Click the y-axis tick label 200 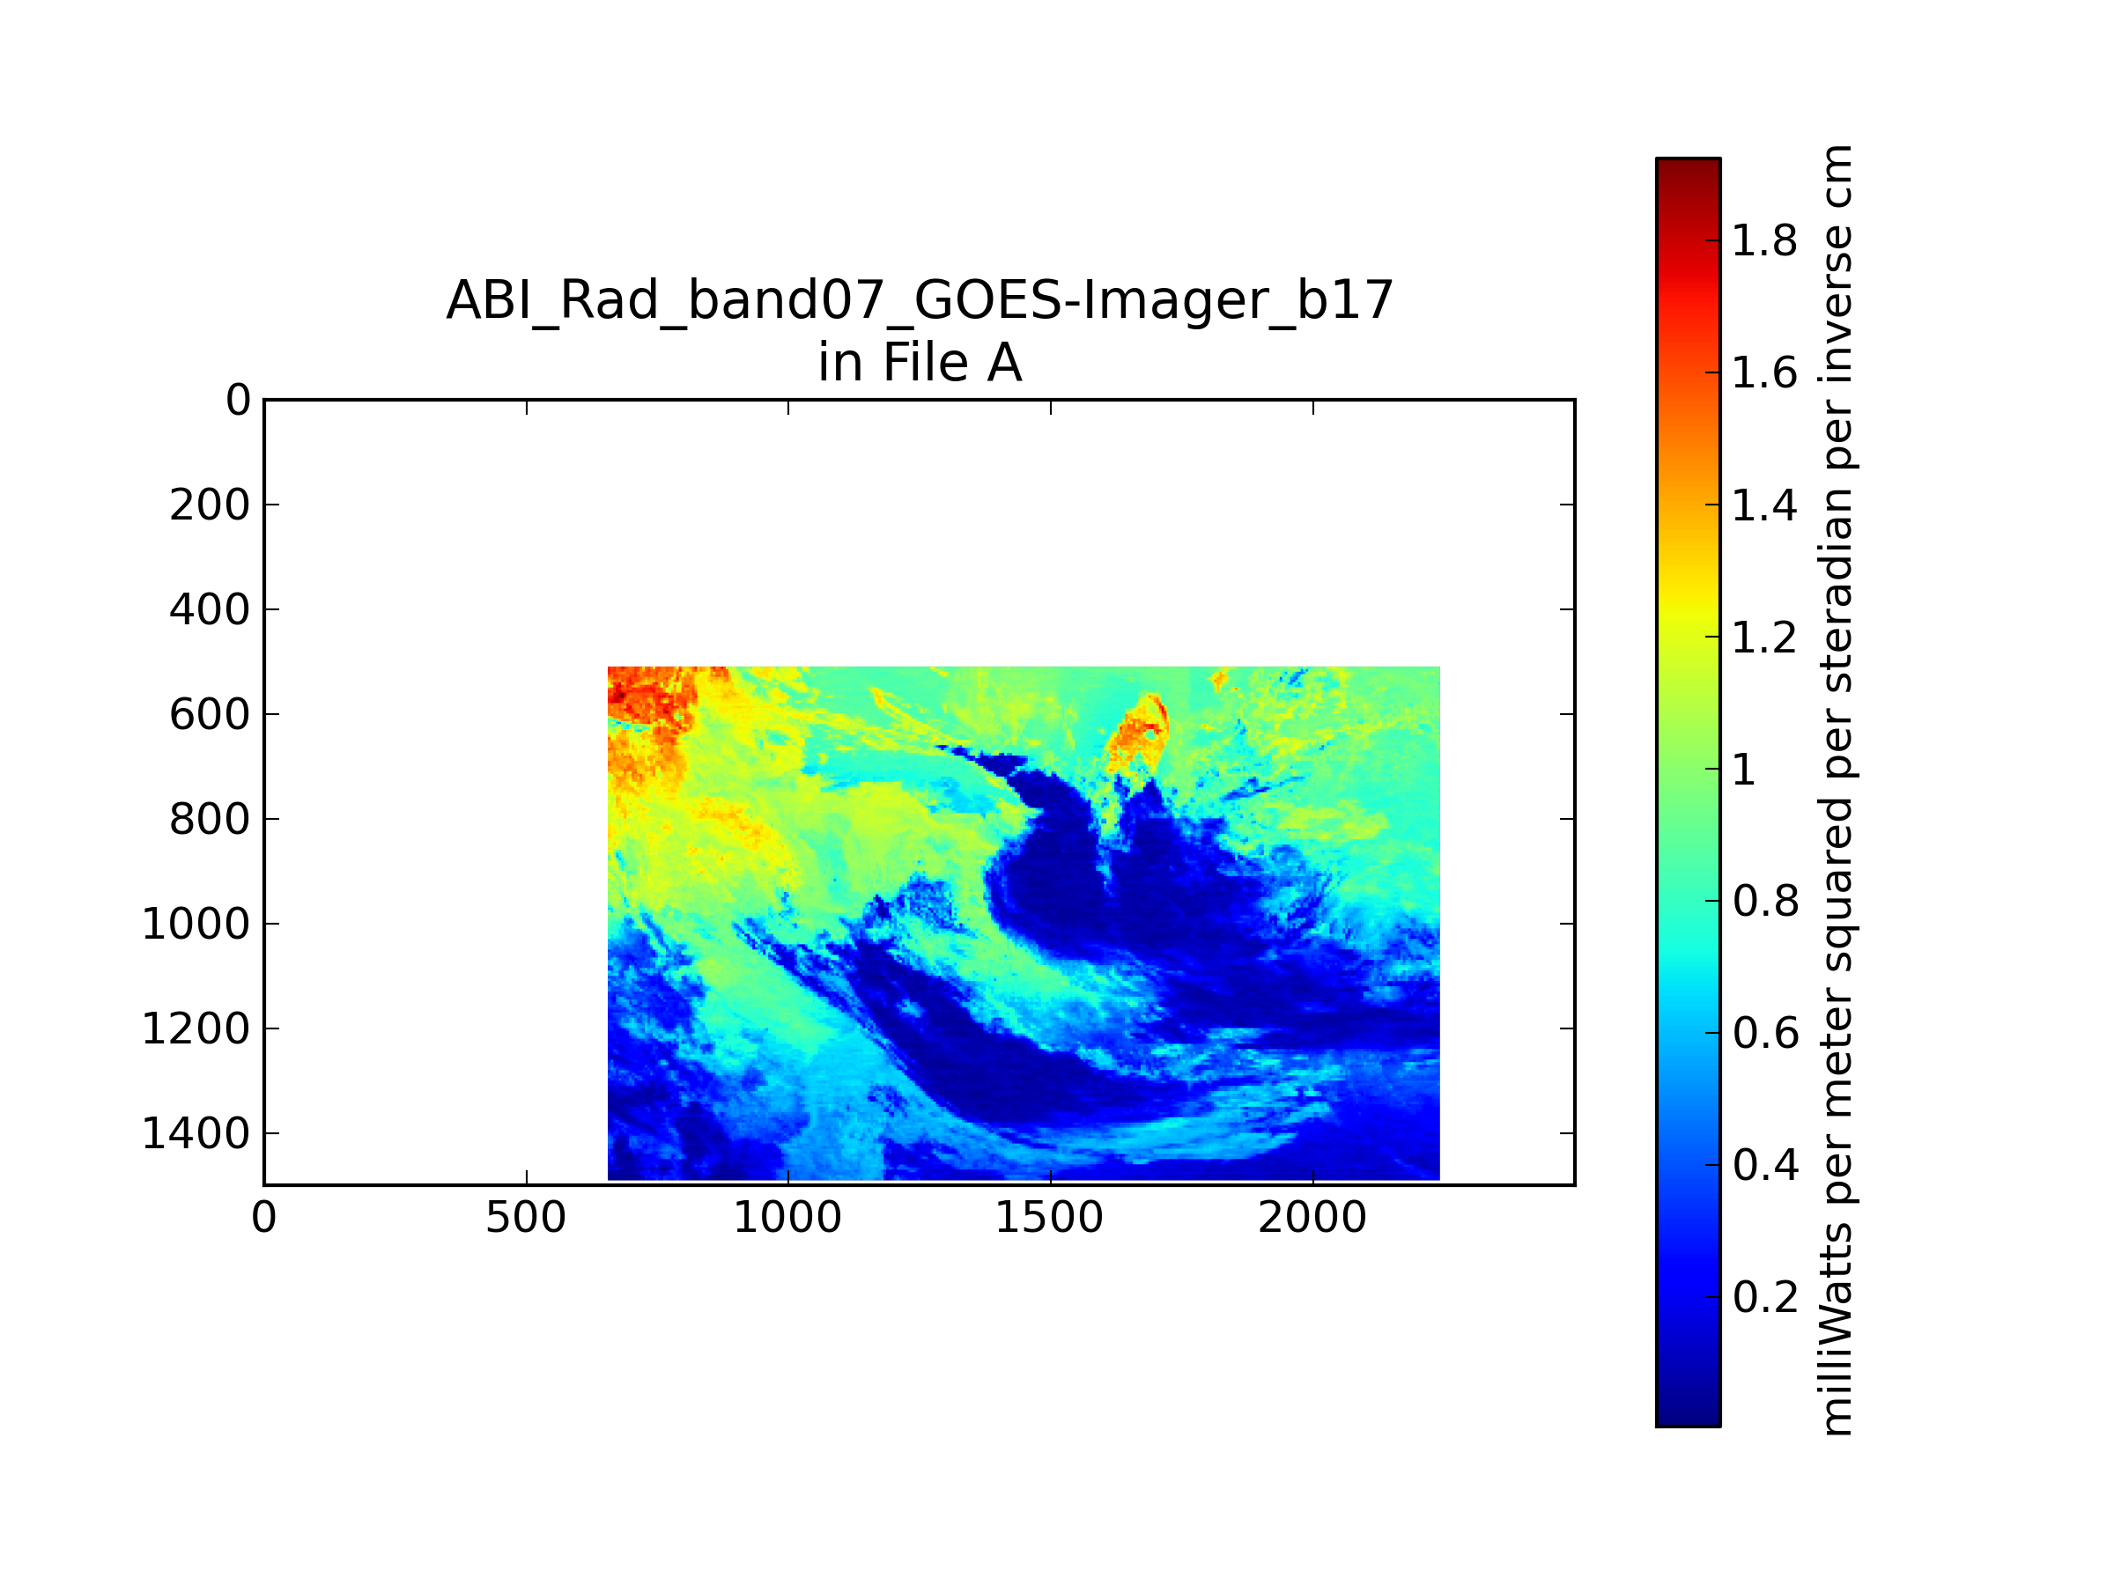[210, 505]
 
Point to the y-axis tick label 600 [210, 713]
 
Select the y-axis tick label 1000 [196, 924]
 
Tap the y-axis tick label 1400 [196, 1133]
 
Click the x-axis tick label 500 [526, 1218]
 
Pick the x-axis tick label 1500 [1049, 1218]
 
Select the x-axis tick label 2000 [1312, 1218]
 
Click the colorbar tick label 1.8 [1764, 240]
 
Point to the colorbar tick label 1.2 [1764, 638]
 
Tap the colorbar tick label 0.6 [1765, 1033]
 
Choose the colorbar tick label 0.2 [1765, 1296]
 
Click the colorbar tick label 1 [1744, 769]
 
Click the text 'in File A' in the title [920, 363]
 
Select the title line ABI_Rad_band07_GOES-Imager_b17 [920, 300]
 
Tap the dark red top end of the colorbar [1688, 165]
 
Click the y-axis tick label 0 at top [238, 401]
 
